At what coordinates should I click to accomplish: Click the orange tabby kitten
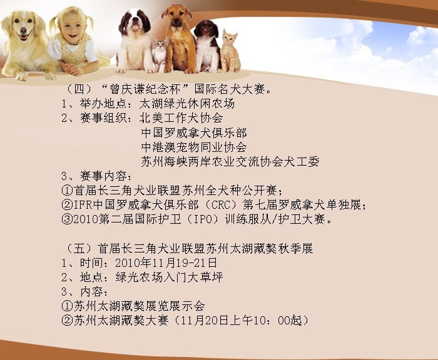[230, 52]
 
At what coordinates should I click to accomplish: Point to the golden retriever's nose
[24, 30]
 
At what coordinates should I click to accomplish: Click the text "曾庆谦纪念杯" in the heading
[145, 89]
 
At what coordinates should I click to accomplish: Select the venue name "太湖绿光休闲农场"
[187, 104]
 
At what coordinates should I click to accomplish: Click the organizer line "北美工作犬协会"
[181, 118]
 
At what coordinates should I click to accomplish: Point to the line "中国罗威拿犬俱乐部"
[194, 133]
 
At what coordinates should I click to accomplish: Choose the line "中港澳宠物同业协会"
[194, 147]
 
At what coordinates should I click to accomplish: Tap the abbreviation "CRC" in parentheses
[220, 205]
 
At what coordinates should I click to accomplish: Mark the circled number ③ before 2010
[67, 219]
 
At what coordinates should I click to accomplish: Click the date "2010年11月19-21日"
[166, 262]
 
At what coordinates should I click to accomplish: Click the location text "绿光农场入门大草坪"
[169, 277]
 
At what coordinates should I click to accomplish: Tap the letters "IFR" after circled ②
[83, 205]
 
